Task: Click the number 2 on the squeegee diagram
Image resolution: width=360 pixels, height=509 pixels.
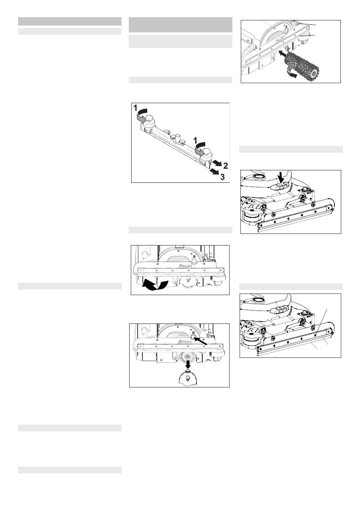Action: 226,166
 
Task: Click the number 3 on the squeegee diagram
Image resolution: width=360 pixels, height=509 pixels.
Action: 222,177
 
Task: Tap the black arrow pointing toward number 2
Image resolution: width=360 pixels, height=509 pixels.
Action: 217,163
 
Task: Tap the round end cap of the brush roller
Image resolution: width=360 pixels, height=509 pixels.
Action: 314,73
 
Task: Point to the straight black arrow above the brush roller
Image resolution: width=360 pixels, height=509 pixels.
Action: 284,54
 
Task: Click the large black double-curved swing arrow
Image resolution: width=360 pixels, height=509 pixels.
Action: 155,285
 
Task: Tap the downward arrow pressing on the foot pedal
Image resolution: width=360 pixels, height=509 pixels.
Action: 281,178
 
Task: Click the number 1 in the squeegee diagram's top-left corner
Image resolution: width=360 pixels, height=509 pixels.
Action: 135,108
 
